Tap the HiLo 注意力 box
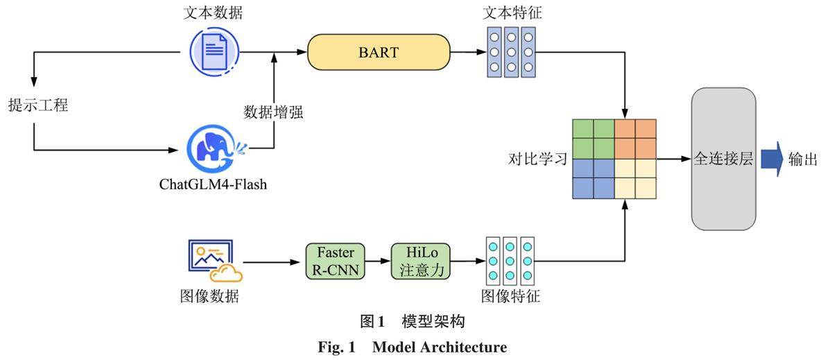click(420, 261)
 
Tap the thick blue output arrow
click(771, 159)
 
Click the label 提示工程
click(37, 106)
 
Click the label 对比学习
click(537, 160)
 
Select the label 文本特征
click(510, 13)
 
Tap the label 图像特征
click(510, 296)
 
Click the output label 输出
click(802, 160)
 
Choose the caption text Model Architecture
click(440, 347)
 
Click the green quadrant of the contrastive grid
click(593, 139)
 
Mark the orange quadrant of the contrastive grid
click(635, 139)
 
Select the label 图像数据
click(209, 296)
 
